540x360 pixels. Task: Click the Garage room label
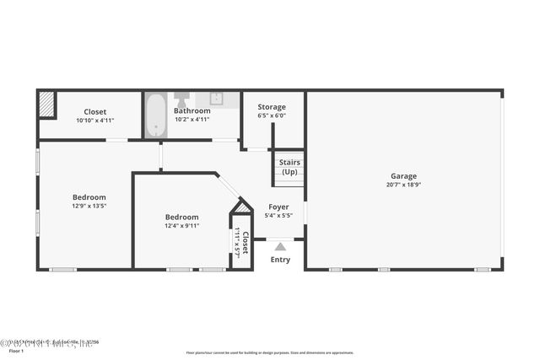coord(402,176)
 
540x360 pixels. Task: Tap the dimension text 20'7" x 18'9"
coord(402,185)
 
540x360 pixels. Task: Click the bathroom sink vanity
coord(216,99)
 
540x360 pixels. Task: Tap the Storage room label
coord(272,107)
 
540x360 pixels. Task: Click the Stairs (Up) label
coord(289,167)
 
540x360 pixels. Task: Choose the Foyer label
coord(278,207)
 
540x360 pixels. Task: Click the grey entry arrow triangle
coord(280,246)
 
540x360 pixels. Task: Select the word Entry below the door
coord(280,260)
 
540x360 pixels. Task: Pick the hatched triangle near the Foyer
coord(243,207)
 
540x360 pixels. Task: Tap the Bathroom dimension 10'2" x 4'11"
coord(192,120)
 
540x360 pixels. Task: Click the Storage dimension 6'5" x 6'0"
coord(272,116)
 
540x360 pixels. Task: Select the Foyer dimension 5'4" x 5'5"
coord(278,216)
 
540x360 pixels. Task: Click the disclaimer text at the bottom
coord(270,352)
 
